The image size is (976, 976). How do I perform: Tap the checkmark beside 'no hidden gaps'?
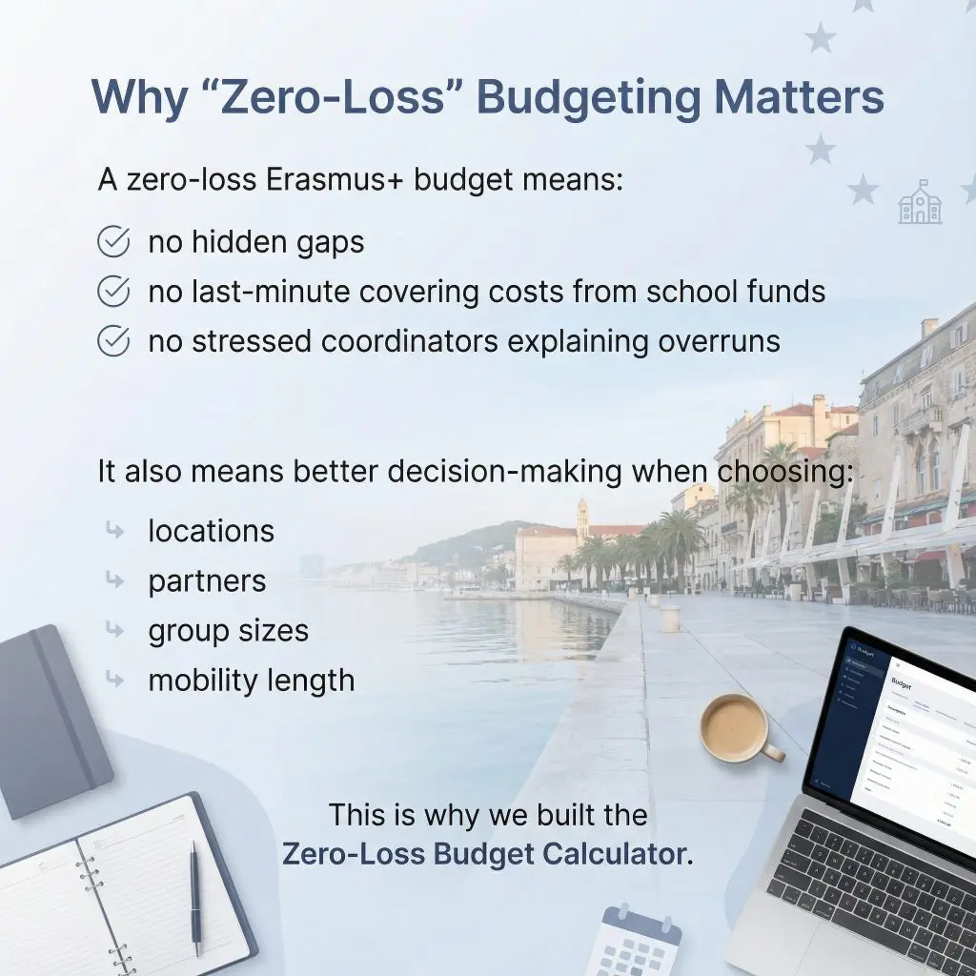pos(113,242)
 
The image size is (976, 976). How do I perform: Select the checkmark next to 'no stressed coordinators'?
pos(113,341)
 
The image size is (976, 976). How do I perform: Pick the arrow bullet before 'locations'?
pos(115,532)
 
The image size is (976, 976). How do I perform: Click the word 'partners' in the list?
pos(207,581)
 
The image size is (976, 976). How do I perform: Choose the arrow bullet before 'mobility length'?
pos(115,681)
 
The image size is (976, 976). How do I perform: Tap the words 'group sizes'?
pos(228,631)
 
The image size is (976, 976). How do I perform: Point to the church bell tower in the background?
pos(582,519)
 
